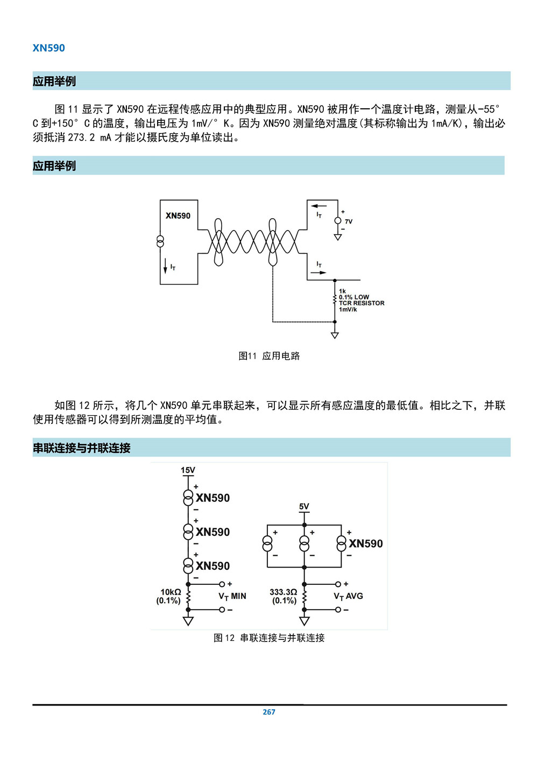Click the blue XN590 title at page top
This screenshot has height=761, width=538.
[48, 48]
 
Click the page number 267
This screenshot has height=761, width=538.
[269, 712]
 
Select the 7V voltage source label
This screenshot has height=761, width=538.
[349, 221]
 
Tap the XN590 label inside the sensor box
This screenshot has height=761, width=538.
[178, 216]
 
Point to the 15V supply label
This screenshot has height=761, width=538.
[188, 470]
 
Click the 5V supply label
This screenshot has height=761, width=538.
[304, 507]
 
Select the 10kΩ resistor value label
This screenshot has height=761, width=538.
[171, 592]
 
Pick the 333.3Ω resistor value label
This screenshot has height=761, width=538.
[283, 592]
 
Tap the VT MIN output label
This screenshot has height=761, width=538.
[232, 596]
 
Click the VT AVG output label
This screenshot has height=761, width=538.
[348, 596]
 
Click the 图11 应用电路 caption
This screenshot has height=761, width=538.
[269, 355]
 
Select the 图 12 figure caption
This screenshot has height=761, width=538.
[269, 638]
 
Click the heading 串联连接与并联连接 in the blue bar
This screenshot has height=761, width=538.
[81, 448]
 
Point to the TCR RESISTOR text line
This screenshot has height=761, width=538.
[362, 303]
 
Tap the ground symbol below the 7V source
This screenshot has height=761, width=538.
[338, 237]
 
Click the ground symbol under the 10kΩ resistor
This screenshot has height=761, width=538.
[188, 622]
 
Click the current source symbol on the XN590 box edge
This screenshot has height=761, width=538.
[160, 241]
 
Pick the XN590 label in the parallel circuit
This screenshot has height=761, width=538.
[365, 543]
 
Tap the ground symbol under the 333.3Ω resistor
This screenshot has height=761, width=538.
[304, 622]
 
